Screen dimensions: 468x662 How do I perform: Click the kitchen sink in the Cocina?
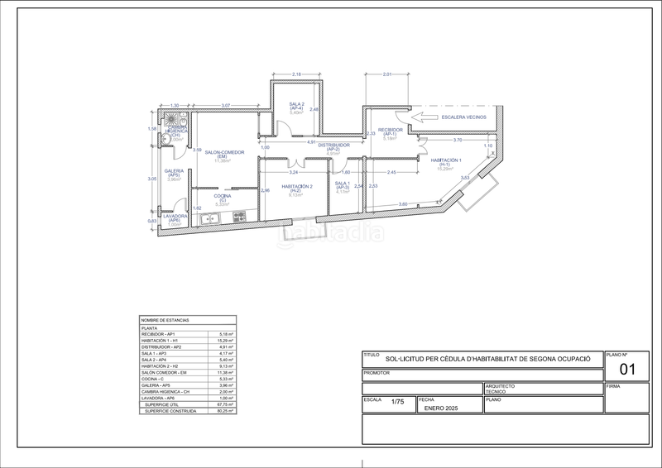pos(209,218)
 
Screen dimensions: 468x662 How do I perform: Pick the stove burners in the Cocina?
pos(239,217)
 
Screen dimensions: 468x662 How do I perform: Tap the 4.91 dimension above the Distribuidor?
pos(311,141)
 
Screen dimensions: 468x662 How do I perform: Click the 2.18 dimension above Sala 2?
pos(297,75)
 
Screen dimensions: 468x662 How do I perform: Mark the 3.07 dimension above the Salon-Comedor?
pos(225,105)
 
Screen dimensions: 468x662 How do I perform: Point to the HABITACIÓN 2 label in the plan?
pos(296,187)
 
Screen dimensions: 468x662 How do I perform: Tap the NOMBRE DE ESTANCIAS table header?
pos(165,320)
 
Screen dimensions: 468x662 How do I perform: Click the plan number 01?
pos(626,370)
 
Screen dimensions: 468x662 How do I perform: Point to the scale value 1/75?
pos(398,403)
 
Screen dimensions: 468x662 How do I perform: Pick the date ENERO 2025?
pos(439,408)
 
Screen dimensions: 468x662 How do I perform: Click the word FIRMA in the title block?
pos(613,385)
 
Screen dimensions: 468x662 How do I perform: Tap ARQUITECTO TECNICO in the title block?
pos(500,388)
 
